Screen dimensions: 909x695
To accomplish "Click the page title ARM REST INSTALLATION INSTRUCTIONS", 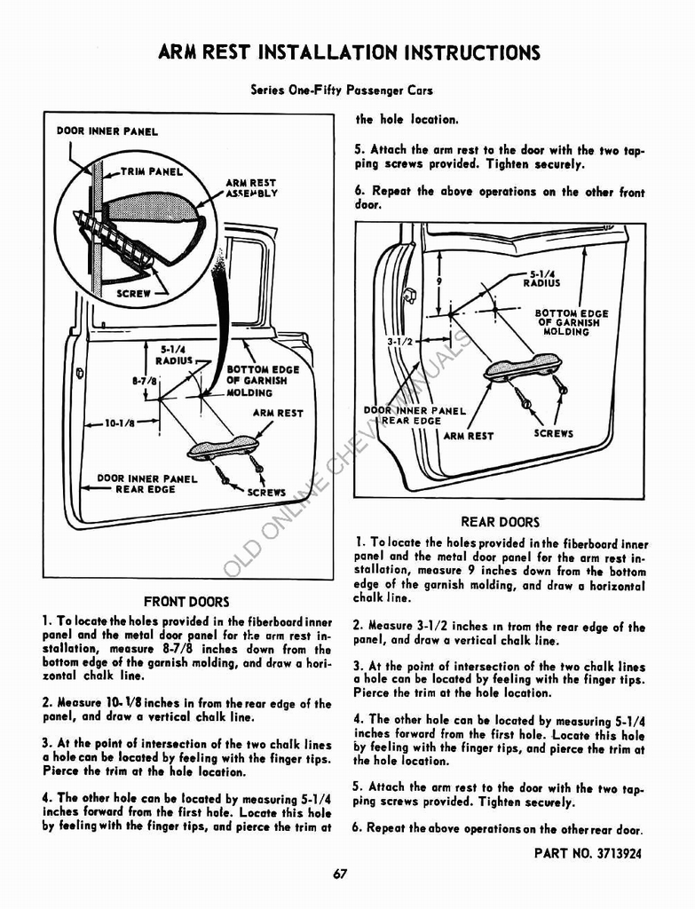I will click(348, 52).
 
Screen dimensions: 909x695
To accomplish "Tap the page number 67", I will click(340, 873).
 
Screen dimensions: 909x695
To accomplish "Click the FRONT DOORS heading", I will click(186, 601).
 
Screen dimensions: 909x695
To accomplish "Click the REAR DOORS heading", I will click(500, 522).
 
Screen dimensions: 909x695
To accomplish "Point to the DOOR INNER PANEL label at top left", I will click(107, 131).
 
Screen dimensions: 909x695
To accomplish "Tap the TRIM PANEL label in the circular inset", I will click(152, 172).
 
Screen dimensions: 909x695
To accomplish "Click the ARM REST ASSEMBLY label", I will click(250, 188).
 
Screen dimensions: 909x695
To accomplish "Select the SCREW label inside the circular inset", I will click(134, 292).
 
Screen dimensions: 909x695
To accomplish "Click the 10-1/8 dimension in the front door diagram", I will click(120, 423).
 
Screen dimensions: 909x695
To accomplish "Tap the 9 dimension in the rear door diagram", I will click(438, 282).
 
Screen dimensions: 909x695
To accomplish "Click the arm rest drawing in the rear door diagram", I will click(522, 367).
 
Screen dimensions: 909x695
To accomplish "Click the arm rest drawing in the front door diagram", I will click(223, 447).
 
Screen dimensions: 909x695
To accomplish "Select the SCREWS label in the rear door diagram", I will click(554, 434).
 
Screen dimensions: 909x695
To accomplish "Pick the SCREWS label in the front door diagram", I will click(266, 492).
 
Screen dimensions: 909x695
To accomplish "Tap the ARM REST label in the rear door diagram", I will click(468, 436).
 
